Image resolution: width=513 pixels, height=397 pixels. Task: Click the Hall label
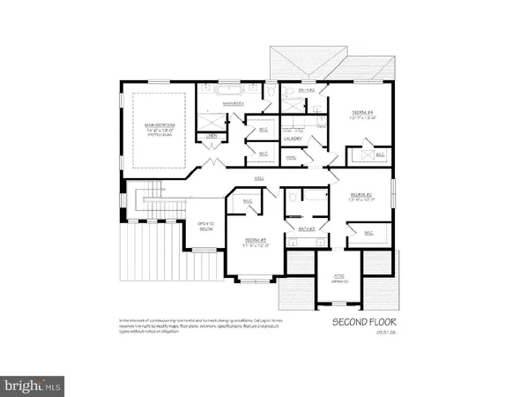[260, 179]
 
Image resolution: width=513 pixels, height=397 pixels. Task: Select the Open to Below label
[206, 224]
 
